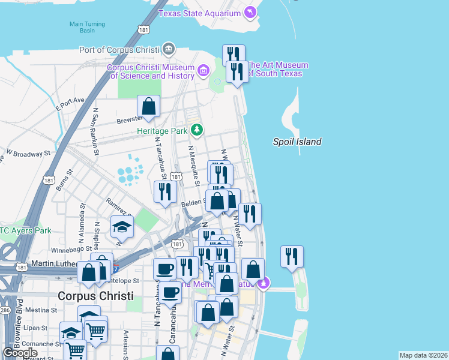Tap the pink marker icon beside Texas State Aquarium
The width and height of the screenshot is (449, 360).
tap(250, 13)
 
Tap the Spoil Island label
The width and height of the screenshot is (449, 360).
tap(297, 142)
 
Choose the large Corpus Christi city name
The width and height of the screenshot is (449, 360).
tap(96, 296)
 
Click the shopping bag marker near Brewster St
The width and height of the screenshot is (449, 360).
tap(148, 107)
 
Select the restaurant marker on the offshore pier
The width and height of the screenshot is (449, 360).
tap(292, 256)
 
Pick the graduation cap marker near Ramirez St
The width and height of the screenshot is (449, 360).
tap(122, 227)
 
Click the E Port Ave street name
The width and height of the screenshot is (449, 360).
tap(71, 103)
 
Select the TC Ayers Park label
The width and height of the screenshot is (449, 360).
tap(26, 230)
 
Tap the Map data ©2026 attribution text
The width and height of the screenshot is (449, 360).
tap(423, 355)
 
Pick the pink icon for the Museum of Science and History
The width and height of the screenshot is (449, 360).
tap(203, 72)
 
